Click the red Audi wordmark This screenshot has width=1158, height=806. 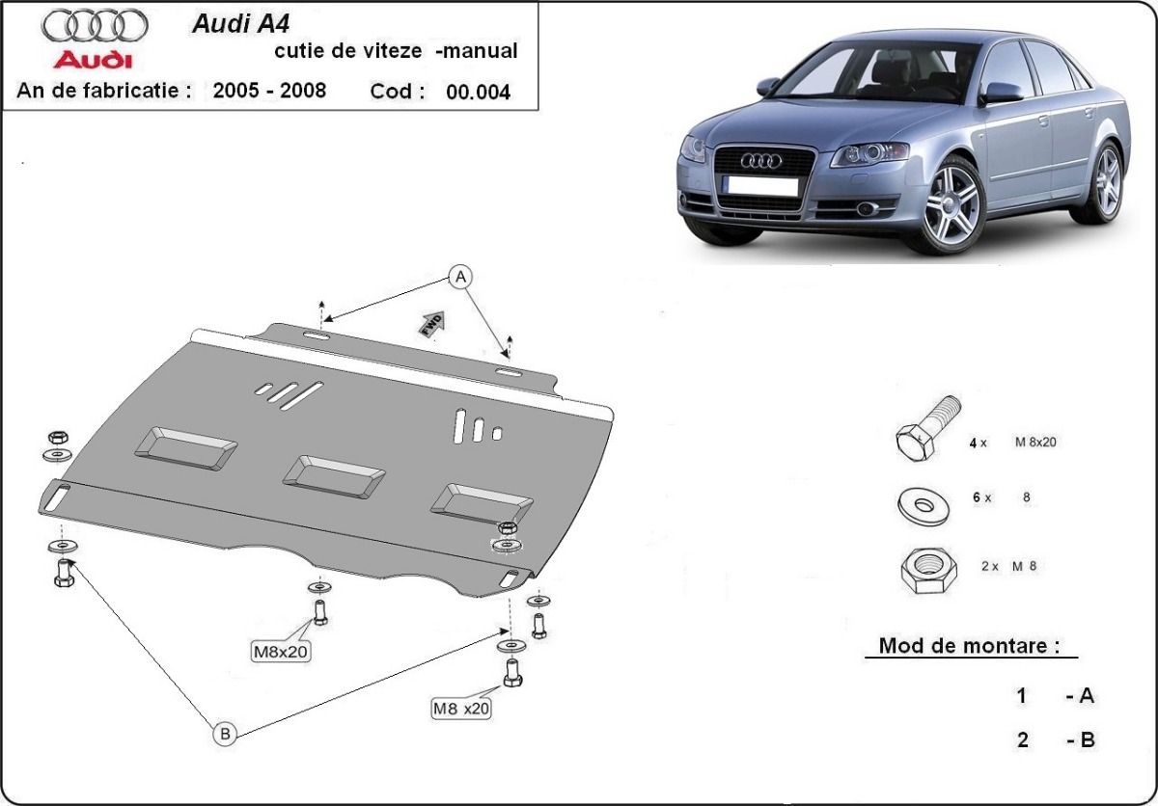93,61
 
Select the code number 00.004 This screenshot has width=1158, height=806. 478,93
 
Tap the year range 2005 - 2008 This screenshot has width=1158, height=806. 269,91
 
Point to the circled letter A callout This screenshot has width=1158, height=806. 461,278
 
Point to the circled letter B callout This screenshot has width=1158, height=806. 225,734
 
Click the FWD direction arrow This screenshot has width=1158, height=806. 431,323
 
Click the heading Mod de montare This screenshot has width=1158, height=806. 962,646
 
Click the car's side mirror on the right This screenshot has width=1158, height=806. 1003,93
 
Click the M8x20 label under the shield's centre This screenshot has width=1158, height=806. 280,652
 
